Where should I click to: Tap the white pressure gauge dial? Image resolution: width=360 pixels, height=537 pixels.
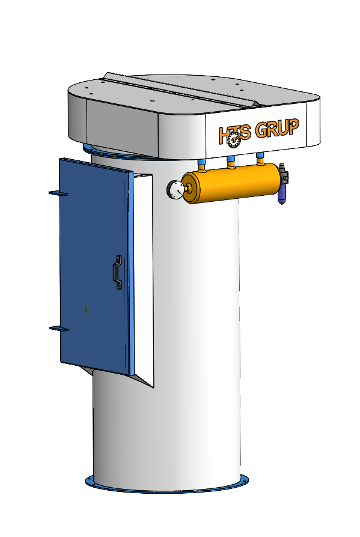(176, 190)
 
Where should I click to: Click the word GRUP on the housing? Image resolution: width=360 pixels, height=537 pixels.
(277, 129)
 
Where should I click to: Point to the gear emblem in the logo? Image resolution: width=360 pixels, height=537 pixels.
(233, 138)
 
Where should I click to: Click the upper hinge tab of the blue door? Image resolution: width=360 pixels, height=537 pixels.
(58, 193)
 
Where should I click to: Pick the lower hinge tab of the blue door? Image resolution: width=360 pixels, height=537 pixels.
(58, 329)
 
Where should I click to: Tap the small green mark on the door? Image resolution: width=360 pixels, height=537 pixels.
(87, 309)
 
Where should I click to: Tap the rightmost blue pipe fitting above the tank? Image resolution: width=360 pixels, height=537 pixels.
(260, 157)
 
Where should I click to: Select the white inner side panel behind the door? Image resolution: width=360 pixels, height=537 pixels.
(142, 270)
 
